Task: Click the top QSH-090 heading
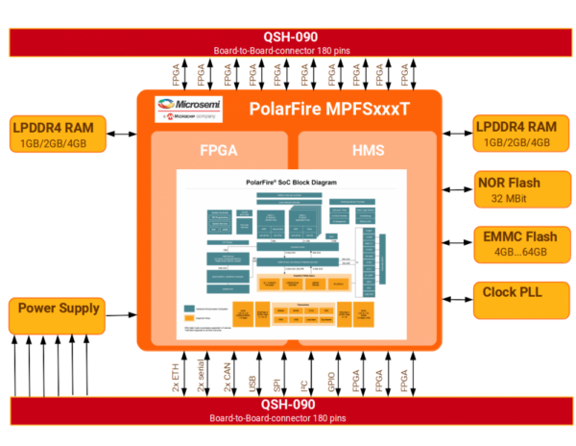point(288,36)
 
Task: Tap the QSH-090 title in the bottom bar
point(288,406)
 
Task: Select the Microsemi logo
point(189,108)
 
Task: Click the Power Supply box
point(57,315)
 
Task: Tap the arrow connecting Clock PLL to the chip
point(457,294)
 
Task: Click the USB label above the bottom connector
point(252,377)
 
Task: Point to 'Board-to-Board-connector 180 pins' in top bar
point(288,51)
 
